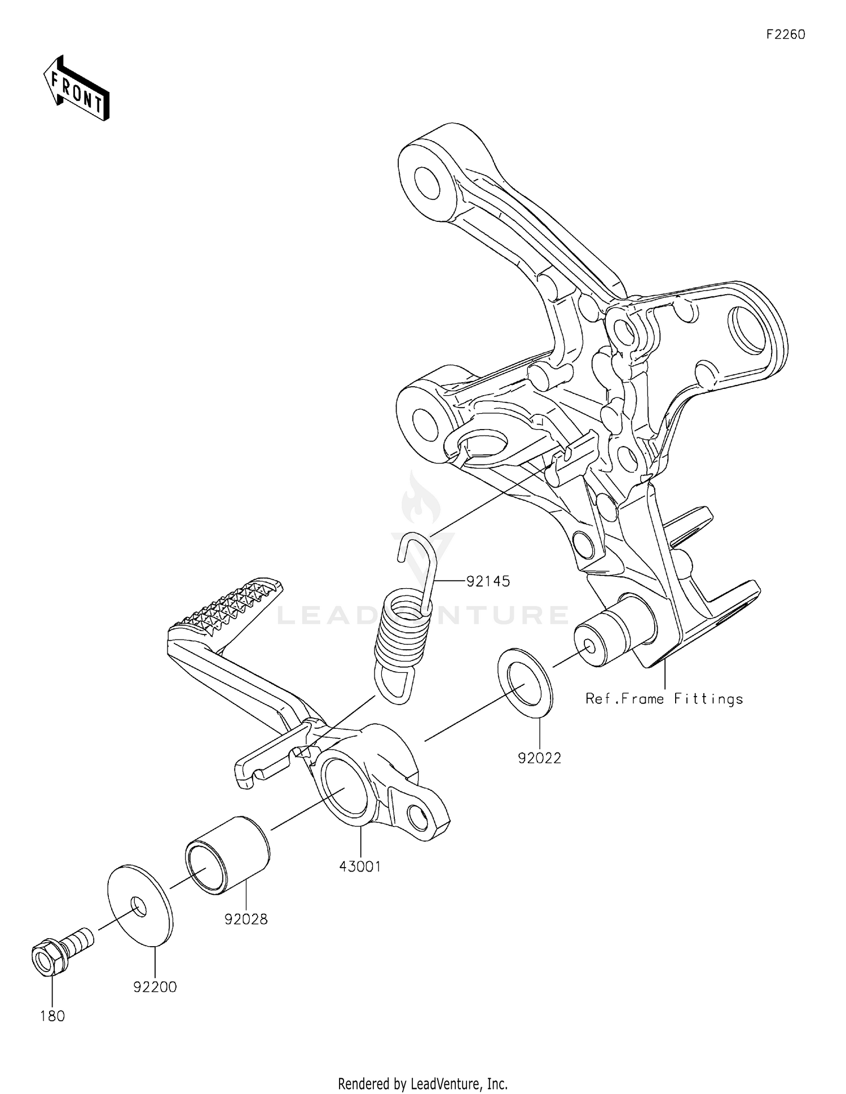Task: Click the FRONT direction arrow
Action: click(x=76, y=89)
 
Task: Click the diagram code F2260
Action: click(x=786, y=34)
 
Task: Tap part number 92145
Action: click(x=488, y=581)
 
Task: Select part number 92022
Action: click(x=540, y=758)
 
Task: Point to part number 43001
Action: click(x=360, y=867)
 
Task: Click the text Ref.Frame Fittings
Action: click(x=664, y=699)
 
